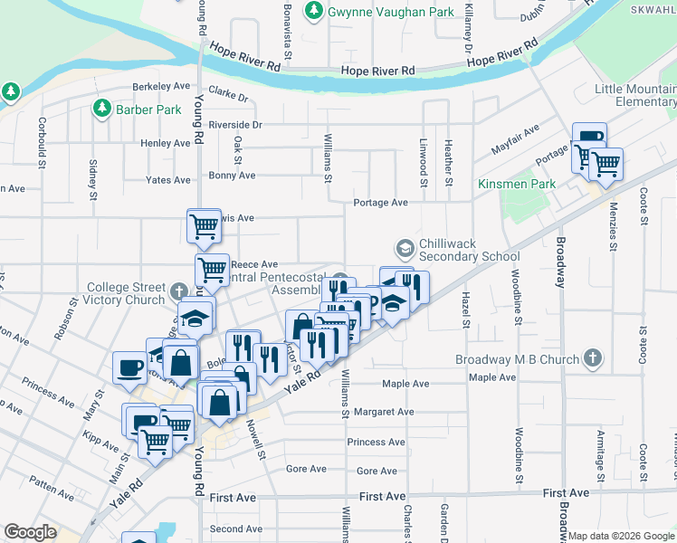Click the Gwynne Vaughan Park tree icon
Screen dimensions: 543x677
(x=314, y=11)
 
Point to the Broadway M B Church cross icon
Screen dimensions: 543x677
(x=593, y=358)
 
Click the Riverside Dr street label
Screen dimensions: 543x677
(x=234, y=125)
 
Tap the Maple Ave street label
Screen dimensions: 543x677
(x=405, y=384)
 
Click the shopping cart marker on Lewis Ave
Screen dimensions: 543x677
(x=205, y=227)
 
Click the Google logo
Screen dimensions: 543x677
(x=30, y=532)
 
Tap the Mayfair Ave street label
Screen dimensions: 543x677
(x=515, y=136)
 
